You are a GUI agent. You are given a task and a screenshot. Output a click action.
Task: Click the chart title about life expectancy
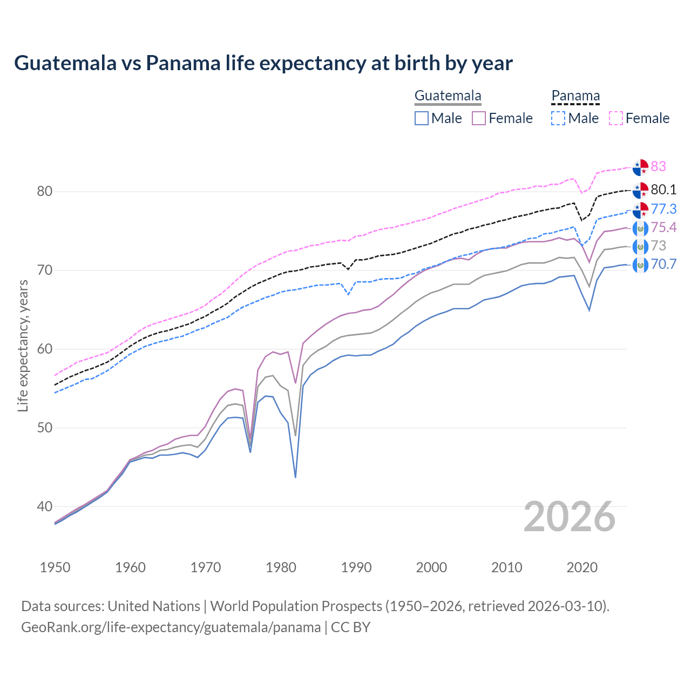coord(263,63)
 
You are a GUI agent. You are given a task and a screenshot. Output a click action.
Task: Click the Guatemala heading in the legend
coord(448,96)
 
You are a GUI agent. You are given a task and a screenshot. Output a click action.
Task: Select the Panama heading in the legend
coord(575,96)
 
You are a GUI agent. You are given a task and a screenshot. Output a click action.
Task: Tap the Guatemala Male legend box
coord(422,118)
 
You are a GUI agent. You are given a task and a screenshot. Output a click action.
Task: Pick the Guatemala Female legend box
coord(479,118)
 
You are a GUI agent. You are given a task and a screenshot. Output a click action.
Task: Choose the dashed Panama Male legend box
coord(558,118)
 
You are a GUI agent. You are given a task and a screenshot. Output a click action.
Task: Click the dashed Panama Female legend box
coord(616,118)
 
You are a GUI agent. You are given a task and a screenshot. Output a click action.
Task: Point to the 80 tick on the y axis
coord(45,191)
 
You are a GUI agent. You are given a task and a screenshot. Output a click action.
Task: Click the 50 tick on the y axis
coord(45,428)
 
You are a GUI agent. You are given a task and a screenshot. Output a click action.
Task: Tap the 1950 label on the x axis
coord(55,567)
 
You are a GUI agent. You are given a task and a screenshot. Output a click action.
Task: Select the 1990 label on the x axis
coord(356,567)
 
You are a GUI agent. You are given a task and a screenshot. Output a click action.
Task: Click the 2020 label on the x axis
coord(582,567)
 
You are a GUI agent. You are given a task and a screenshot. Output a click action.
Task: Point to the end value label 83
coord(659,166)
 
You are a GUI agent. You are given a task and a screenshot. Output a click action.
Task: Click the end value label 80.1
coord(663,189)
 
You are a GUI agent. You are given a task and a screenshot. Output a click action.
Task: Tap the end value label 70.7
coord(663,265)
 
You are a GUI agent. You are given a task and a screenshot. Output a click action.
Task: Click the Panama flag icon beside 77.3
coord(640,209)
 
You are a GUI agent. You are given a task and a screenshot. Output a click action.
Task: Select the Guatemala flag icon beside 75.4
coord(640,228)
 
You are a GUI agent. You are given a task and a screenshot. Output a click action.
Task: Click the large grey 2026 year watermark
coord(570,517)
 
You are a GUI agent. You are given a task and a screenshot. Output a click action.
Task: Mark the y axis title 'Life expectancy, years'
coord(23,345)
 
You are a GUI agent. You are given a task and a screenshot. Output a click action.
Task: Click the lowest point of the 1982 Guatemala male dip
coord(295,477)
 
